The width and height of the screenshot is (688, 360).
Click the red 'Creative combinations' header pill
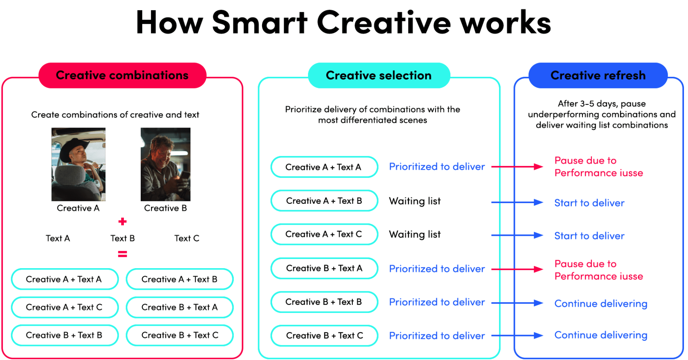point(122,75)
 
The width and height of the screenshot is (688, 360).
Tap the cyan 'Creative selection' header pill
point(379,75)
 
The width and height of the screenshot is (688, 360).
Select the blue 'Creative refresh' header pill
point(598,75)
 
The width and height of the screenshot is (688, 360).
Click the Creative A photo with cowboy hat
point(78,164)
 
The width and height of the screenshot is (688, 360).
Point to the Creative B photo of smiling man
point(165,164)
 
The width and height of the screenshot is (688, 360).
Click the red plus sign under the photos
point(122,222)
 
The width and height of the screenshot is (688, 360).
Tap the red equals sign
point(122,254)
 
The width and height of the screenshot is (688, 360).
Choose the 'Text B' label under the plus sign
point(122,238)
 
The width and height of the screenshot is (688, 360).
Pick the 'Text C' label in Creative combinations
point(187,238)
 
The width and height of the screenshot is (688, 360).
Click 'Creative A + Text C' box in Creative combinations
point(65,307)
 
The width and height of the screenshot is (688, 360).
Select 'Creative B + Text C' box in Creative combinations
point(180,335)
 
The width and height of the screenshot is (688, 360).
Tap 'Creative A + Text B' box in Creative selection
point(324,201)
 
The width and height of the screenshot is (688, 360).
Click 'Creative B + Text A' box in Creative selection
point(324,268)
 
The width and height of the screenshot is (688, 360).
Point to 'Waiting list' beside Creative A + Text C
point(415,234)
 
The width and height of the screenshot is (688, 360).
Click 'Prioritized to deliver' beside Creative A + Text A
point(437,167)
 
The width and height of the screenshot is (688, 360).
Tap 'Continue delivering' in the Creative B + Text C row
point(601,335)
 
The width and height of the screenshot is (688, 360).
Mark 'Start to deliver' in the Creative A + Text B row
point(589,203)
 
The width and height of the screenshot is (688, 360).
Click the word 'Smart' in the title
point(259,23)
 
